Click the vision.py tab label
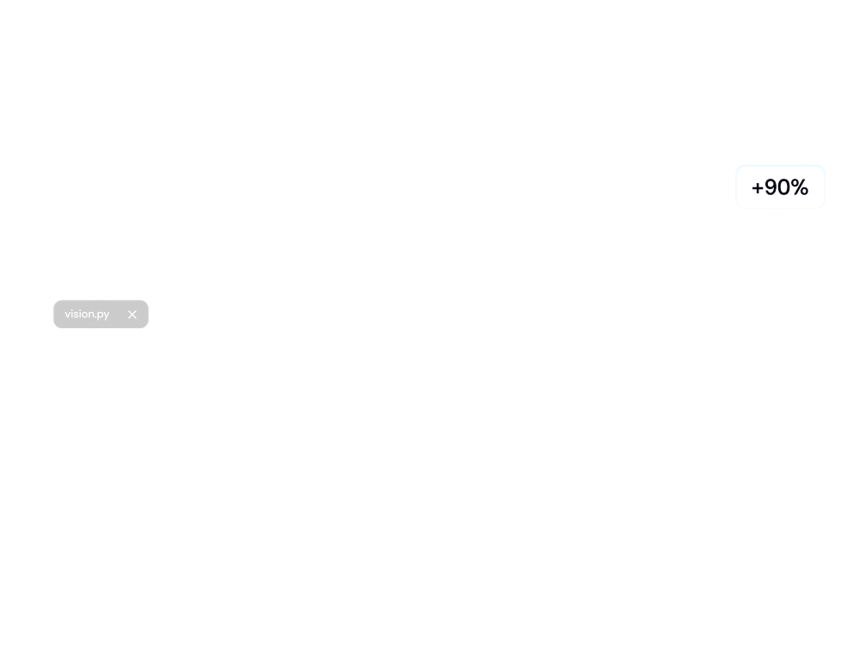tap(87, 315)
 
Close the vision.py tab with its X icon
tap(132, 315)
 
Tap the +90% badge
tap(780, 187)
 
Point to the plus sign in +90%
tap(757, 188)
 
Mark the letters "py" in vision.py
tap(103, 315)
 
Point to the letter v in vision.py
tap(68, 315)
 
